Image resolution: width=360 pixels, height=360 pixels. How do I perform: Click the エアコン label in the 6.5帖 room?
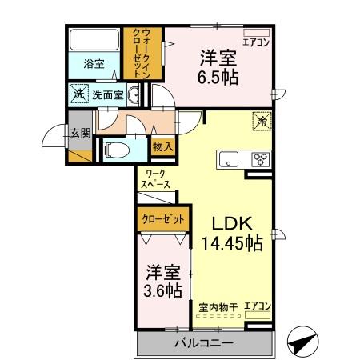click(256, 42)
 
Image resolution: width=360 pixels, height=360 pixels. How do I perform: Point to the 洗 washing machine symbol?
click(78, 94)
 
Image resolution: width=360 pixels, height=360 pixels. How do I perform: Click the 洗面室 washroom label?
click(106, 95)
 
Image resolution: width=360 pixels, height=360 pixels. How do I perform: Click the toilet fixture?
click(117, 149)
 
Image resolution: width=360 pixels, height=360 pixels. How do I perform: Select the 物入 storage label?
click(162, 147)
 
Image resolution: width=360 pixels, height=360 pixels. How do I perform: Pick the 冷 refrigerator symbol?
click(261, 121)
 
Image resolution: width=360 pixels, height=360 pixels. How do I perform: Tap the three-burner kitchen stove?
click(259, 158)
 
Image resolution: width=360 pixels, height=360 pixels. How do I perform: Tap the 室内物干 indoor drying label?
click(218, 306)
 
